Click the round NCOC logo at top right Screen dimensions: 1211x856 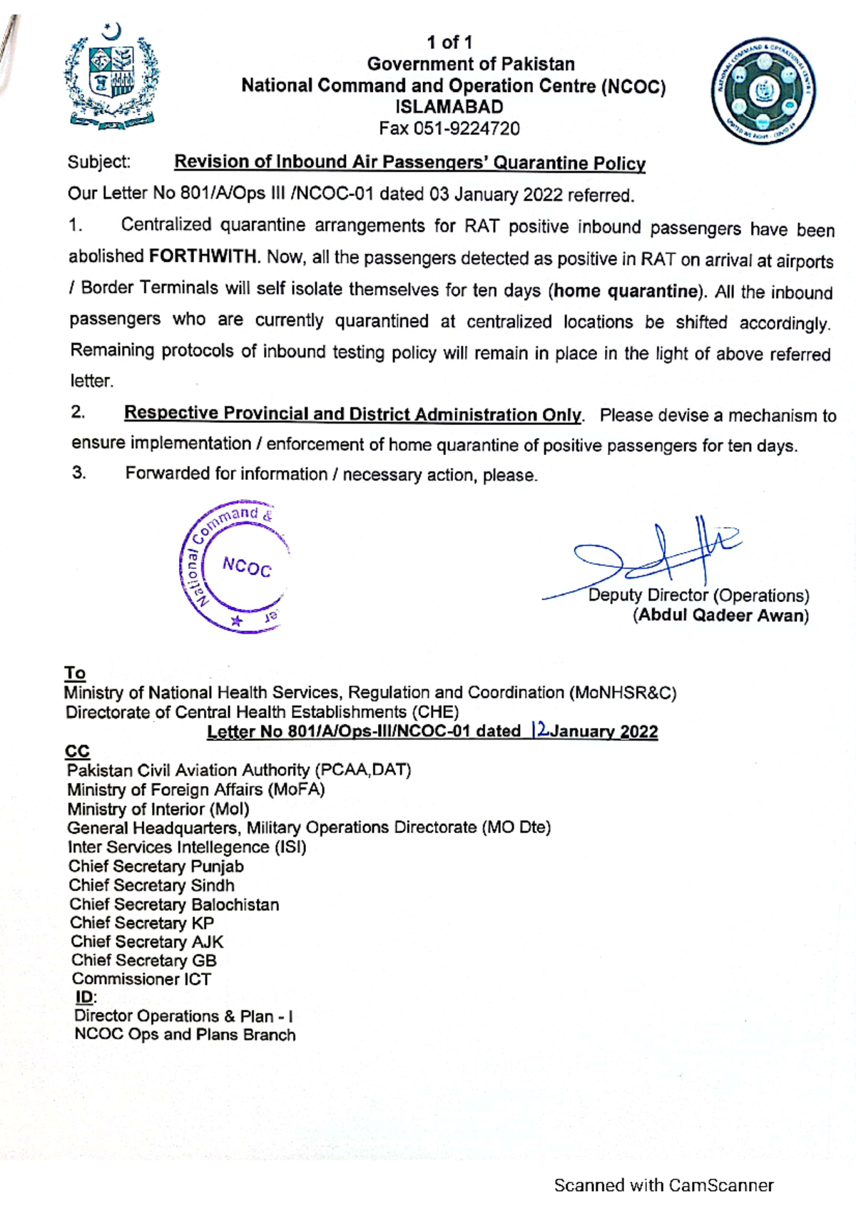(763, 91)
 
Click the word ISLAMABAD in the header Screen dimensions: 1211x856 (449, 107)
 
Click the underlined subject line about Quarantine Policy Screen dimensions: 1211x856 (409, 163)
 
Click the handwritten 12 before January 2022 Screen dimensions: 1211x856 (539, 730)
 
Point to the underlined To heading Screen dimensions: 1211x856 (75, 673)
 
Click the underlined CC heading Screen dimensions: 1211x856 (77, 751)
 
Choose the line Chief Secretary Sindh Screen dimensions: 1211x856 (151, 885)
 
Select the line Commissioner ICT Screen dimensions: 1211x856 (141, 978)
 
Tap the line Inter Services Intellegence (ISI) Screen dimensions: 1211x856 (187, 847)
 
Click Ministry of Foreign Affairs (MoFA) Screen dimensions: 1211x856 (196, 790)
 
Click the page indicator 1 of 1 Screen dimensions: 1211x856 (449, 43)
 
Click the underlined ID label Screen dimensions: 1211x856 (84, 997)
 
